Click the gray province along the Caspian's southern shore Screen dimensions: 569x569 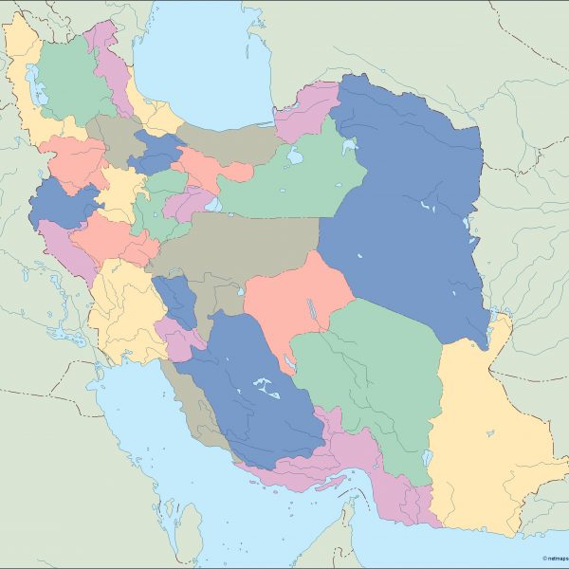pyautogui.click(x=228, y=142)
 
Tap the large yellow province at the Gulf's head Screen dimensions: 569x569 pyautogui.click(x=123, y=313)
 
